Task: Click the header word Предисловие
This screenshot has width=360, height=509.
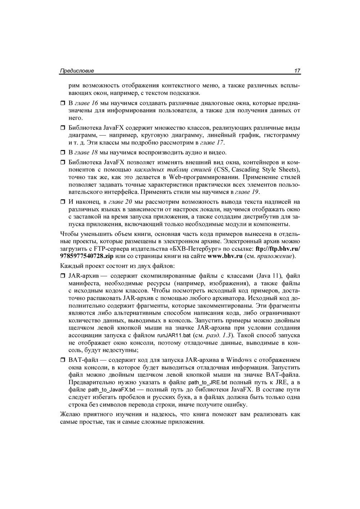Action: click(77, 71)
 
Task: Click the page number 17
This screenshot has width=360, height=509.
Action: click(297, 71)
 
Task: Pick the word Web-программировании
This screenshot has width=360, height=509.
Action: click(204, 177)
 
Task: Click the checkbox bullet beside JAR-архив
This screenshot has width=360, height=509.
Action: click(62, 276)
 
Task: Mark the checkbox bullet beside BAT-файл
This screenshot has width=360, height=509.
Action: click(62, 360)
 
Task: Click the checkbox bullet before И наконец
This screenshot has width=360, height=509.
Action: click(62, 202)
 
